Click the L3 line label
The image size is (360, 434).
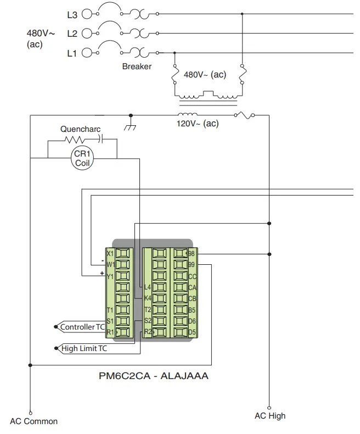click(72, 15)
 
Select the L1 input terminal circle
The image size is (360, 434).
click(86, 53)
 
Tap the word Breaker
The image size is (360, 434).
click(137, 66)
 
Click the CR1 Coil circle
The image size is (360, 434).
click(82, 158)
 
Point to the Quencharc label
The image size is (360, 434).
click(80, 129)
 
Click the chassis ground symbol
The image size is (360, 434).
click(130, 126)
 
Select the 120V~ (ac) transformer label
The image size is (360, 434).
click(197, 124)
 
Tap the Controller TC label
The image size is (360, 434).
click(82, 327)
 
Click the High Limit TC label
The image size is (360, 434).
click(84, 348)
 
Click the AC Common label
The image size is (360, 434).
click(33, 421)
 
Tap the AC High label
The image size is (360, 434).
click(269, 416)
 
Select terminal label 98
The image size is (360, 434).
click(192, 254)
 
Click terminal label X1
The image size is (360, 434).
click(110, 254)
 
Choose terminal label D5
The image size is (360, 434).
click(192, 332)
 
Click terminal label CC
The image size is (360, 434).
click(192, 276)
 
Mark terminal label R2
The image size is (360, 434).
click(147, 332)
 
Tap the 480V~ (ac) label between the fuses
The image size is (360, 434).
click(204, 75)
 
